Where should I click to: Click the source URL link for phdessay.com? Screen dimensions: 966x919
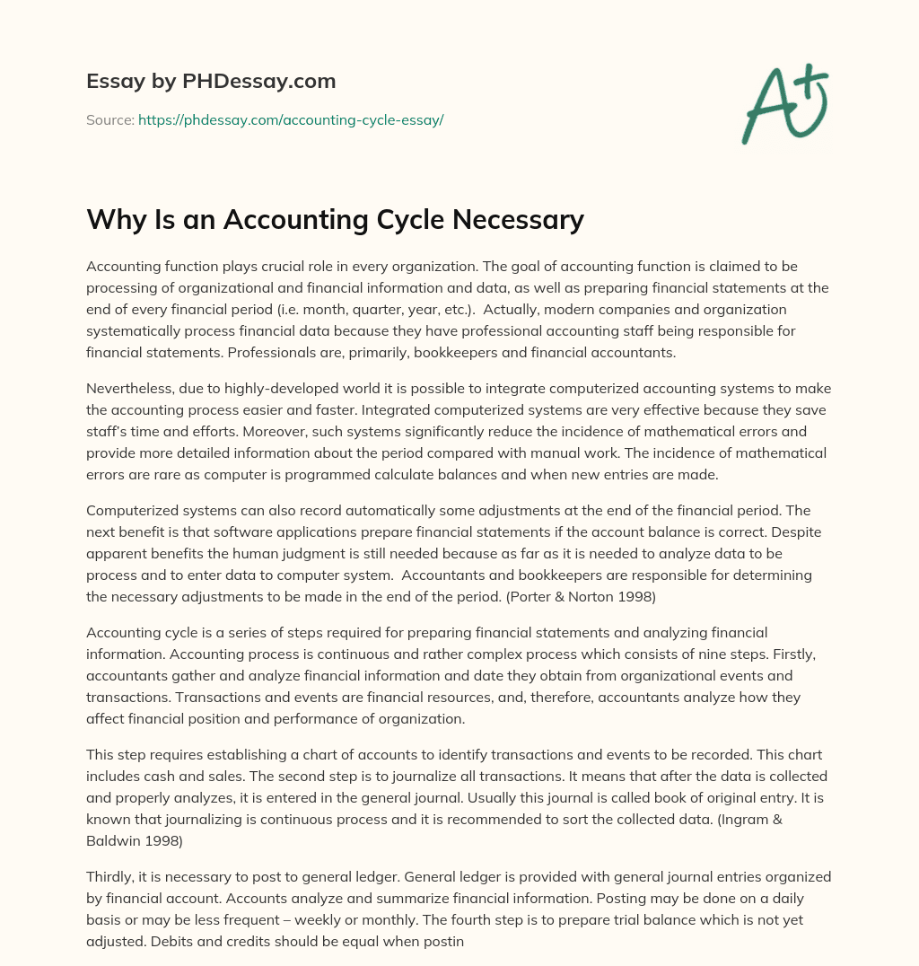tap(291, 119)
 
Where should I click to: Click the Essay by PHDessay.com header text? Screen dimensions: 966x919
tap(211, 82)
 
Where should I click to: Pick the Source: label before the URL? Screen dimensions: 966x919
tap(110, 119)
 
